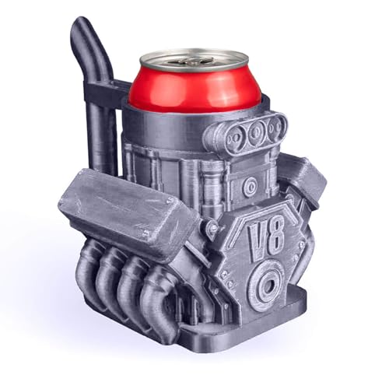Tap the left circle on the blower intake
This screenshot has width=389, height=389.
coord(233,138)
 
